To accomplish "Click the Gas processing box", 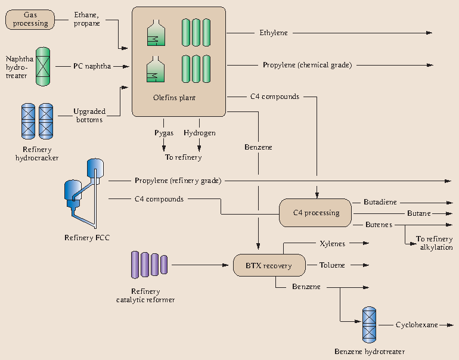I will click(31, 19).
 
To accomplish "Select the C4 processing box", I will click(315, 213).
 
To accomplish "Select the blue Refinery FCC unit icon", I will click(81, 193).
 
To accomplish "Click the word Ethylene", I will click(273, 33).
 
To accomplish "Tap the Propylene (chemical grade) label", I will click(307, 65).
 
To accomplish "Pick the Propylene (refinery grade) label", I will click(178, 180).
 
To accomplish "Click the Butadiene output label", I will click(380, 203).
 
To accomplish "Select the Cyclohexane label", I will click(416, 325).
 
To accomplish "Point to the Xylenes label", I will click(333, 244).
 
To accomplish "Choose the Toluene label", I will click(332, 265).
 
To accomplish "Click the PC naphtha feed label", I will click(92, 66).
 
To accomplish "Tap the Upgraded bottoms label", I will click(89, 115).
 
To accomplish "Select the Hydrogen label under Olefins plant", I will click(199, 133).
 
